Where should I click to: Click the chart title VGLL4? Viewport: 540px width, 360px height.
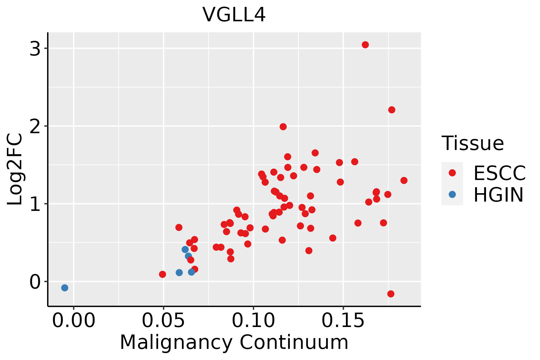(234, 15)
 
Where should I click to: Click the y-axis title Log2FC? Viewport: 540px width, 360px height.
(15, 169)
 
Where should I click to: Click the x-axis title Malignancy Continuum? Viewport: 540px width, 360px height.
(234, 343)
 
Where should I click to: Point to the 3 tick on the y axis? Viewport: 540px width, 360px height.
(35, 49)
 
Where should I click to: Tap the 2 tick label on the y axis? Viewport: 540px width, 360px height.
(35, 126)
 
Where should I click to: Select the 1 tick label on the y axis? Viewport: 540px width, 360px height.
(35, 204)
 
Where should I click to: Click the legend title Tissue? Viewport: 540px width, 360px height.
(473, 143)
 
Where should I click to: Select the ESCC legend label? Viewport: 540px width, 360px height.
(499, 173)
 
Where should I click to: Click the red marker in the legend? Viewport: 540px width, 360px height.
(452, 173)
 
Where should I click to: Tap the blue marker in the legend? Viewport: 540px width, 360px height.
(452, 194)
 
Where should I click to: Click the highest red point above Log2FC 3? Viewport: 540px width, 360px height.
(365, 45)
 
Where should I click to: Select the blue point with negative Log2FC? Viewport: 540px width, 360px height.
(64, 288)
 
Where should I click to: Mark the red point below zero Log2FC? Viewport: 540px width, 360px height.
(391, 294)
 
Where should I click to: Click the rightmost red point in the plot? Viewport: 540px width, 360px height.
(404, 180)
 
